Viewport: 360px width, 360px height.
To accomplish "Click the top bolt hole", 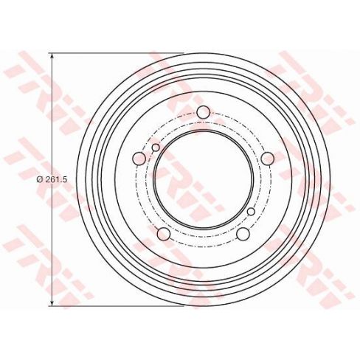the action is pos(204,112).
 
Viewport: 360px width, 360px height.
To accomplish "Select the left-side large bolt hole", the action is pos(139,159).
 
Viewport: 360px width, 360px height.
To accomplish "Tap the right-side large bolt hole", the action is pos(268,159).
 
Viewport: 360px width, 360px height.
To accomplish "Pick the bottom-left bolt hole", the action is pos(164,234).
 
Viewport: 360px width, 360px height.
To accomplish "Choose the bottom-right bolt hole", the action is pos(243,234).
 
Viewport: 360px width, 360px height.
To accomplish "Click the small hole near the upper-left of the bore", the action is pos(156,148).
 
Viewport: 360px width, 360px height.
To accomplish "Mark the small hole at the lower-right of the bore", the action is pos(251,212).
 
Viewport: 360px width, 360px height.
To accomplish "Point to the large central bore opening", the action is pos(204,179).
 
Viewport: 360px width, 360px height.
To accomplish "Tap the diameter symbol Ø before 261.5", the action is pos(39,180).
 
